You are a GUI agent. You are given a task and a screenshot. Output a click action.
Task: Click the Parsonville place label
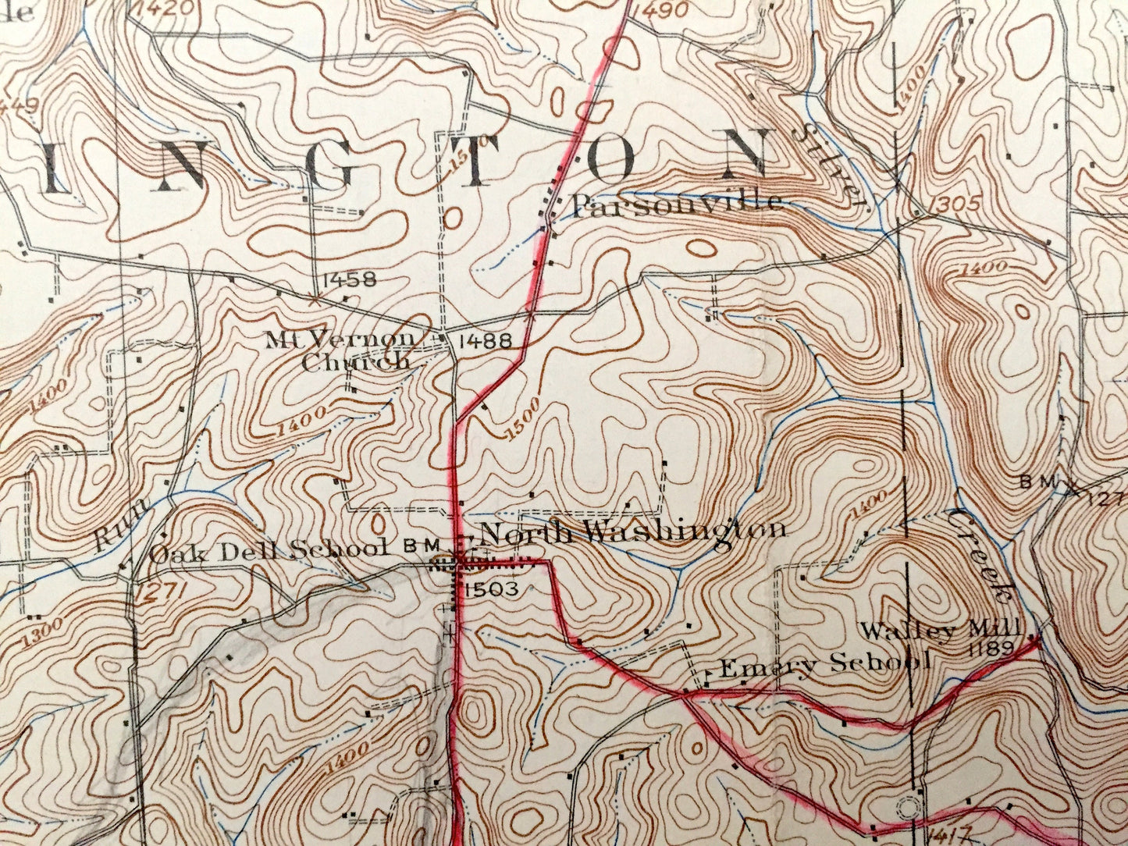tap(677, 204)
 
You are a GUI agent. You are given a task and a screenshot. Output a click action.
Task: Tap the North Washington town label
tap(632, 531)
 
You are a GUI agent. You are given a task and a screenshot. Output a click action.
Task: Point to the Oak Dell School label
tap(269, 551)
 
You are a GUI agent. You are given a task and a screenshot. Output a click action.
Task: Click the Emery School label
tap(824, 666)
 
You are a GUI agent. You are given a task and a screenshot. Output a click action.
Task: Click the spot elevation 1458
tap(348, 279)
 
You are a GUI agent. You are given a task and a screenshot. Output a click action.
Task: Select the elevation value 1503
tap(491, 590)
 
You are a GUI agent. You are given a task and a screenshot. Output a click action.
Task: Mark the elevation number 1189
tap(989, 648)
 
